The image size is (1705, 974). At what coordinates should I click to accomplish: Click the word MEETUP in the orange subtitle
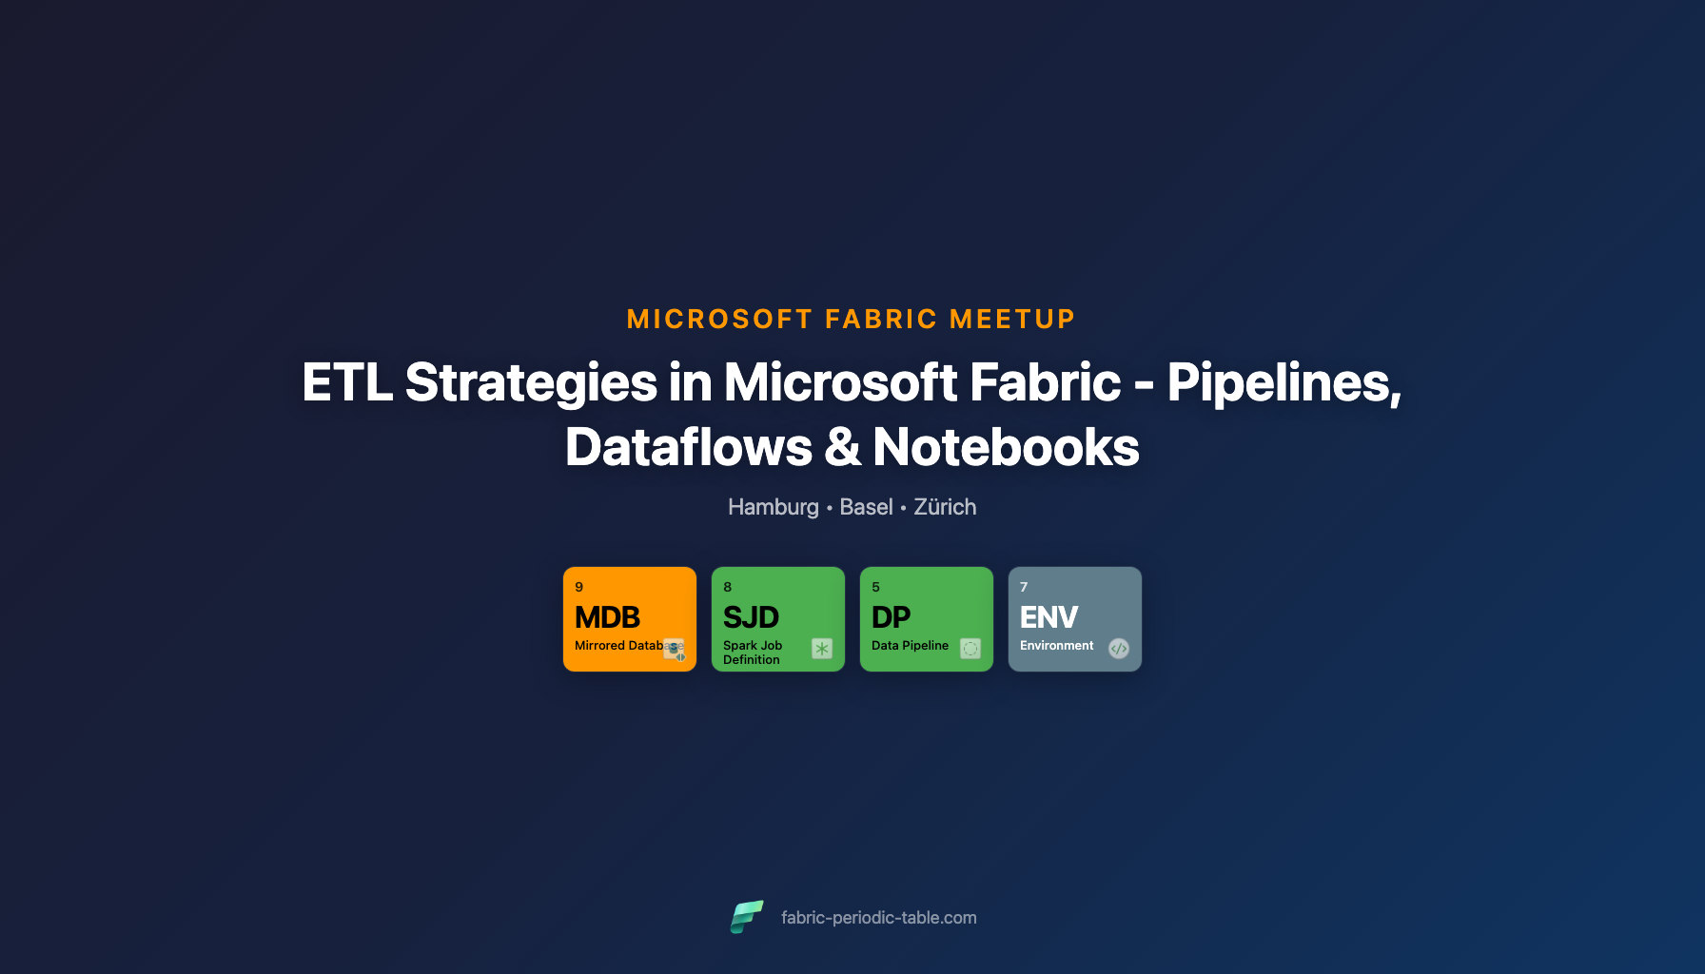click(1012, 320)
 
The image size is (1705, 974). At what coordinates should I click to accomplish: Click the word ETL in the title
click(346, 382)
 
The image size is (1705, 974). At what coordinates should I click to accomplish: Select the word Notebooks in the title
click(1006, 447)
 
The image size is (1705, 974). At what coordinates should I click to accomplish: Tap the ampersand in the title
click(842, 447)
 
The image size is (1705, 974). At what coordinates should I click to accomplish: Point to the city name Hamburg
click(773, 507)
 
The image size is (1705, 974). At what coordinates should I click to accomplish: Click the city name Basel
click(866, 507)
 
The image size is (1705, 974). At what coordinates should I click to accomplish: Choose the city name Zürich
click(945, 507)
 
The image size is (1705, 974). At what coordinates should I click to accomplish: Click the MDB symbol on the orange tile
click(607, 617)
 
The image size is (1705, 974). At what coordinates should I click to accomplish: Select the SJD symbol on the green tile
click(751, 617)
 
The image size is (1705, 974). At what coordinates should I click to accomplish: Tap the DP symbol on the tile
click(891, 617)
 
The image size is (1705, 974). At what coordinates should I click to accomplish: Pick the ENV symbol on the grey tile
click(1048, 617)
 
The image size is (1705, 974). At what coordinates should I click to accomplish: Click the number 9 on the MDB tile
click(578, 587)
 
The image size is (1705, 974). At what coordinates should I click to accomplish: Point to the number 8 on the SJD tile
click(727, 587)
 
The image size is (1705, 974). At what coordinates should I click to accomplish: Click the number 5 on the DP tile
click(875, 587)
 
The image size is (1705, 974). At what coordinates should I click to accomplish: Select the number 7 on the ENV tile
click(1024, 587)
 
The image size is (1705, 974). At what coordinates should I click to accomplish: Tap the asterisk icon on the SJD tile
click(822, 649)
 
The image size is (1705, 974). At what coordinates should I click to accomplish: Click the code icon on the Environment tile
click(1119, 649)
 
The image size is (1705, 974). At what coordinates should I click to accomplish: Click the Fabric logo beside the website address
click(747, 917)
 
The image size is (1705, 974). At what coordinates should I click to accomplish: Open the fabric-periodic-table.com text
click(878, 918)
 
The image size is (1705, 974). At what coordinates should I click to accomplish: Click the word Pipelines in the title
click(1284, 382)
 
